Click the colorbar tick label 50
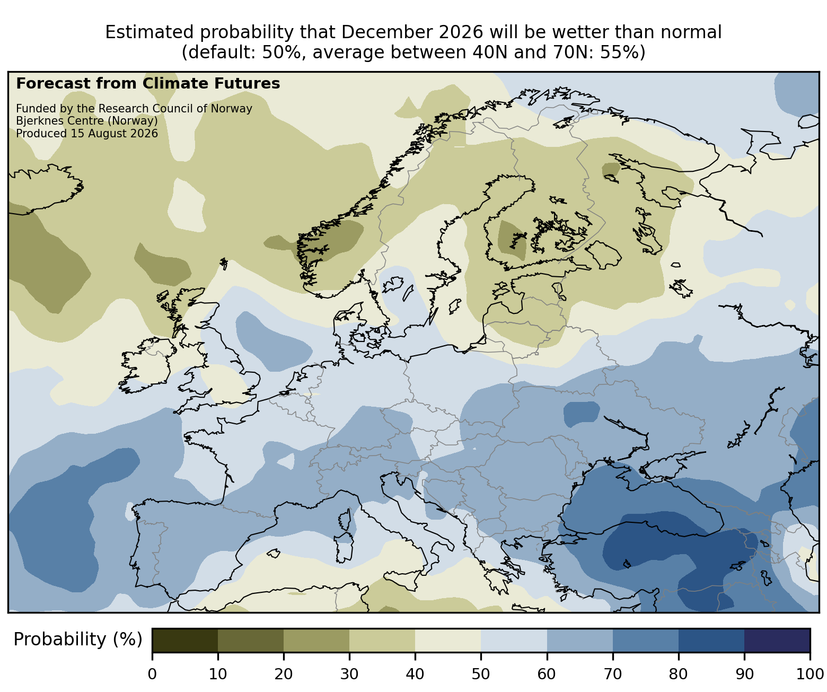(480, 674)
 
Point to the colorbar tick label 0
(152, 674)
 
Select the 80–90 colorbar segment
(711, 640)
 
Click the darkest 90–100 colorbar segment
(777, 640)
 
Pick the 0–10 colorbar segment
(185, 640)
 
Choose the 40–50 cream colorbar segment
(448, 640)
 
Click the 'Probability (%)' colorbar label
(78, 640)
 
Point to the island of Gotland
(455, 306)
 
